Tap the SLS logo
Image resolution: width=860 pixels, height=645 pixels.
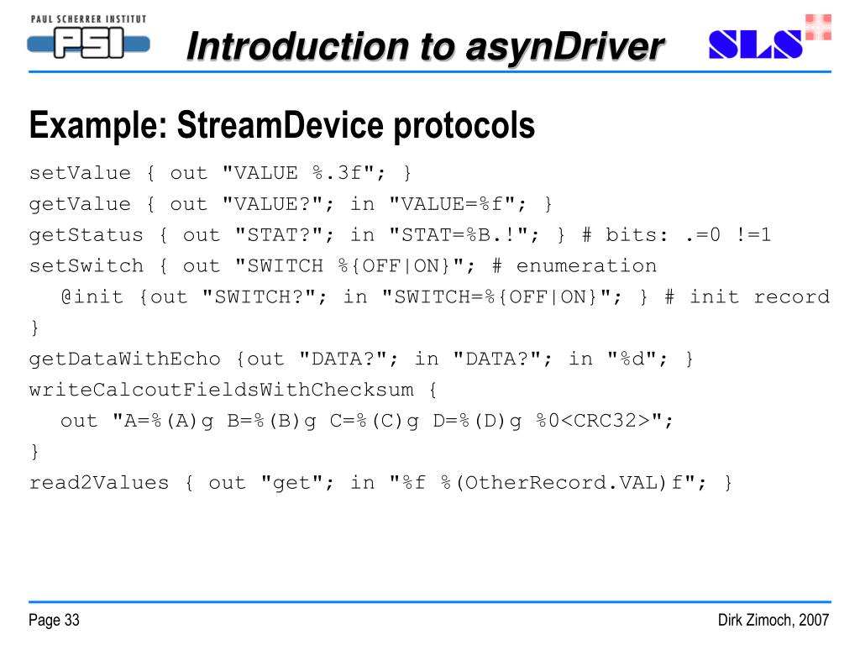click(755, 45)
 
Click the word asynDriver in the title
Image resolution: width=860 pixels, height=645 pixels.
click(570, 46)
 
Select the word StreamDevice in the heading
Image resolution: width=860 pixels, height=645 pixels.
click(268, 126)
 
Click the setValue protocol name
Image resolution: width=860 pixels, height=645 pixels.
click(81, 173)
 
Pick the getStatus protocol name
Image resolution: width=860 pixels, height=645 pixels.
click(87, 235)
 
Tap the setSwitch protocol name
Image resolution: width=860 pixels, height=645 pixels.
click(87, 266)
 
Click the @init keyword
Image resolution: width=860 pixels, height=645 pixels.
click(92, 296)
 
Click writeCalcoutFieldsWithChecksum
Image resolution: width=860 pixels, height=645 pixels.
click(221, 390)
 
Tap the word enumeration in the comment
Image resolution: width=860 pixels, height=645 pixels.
click(586, 266)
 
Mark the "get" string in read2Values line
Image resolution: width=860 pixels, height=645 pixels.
click(286, 483)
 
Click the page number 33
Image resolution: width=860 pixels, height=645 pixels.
click(71, 621)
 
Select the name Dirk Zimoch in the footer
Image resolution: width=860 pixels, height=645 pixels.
click(756, 621)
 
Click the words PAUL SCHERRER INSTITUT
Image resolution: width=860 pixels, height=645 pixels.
click(88, 18)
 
